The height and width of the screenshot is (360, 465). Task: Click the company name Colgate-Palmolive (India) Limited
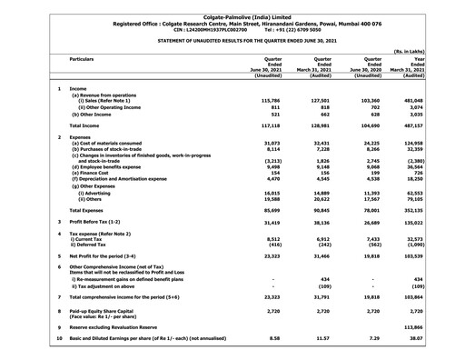pos(232,6)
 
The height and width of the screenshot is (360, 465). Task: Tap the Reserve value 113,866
pos(438,325)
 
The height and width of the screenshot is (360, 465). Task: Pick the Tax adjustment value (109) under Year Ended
pos(441,286)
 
